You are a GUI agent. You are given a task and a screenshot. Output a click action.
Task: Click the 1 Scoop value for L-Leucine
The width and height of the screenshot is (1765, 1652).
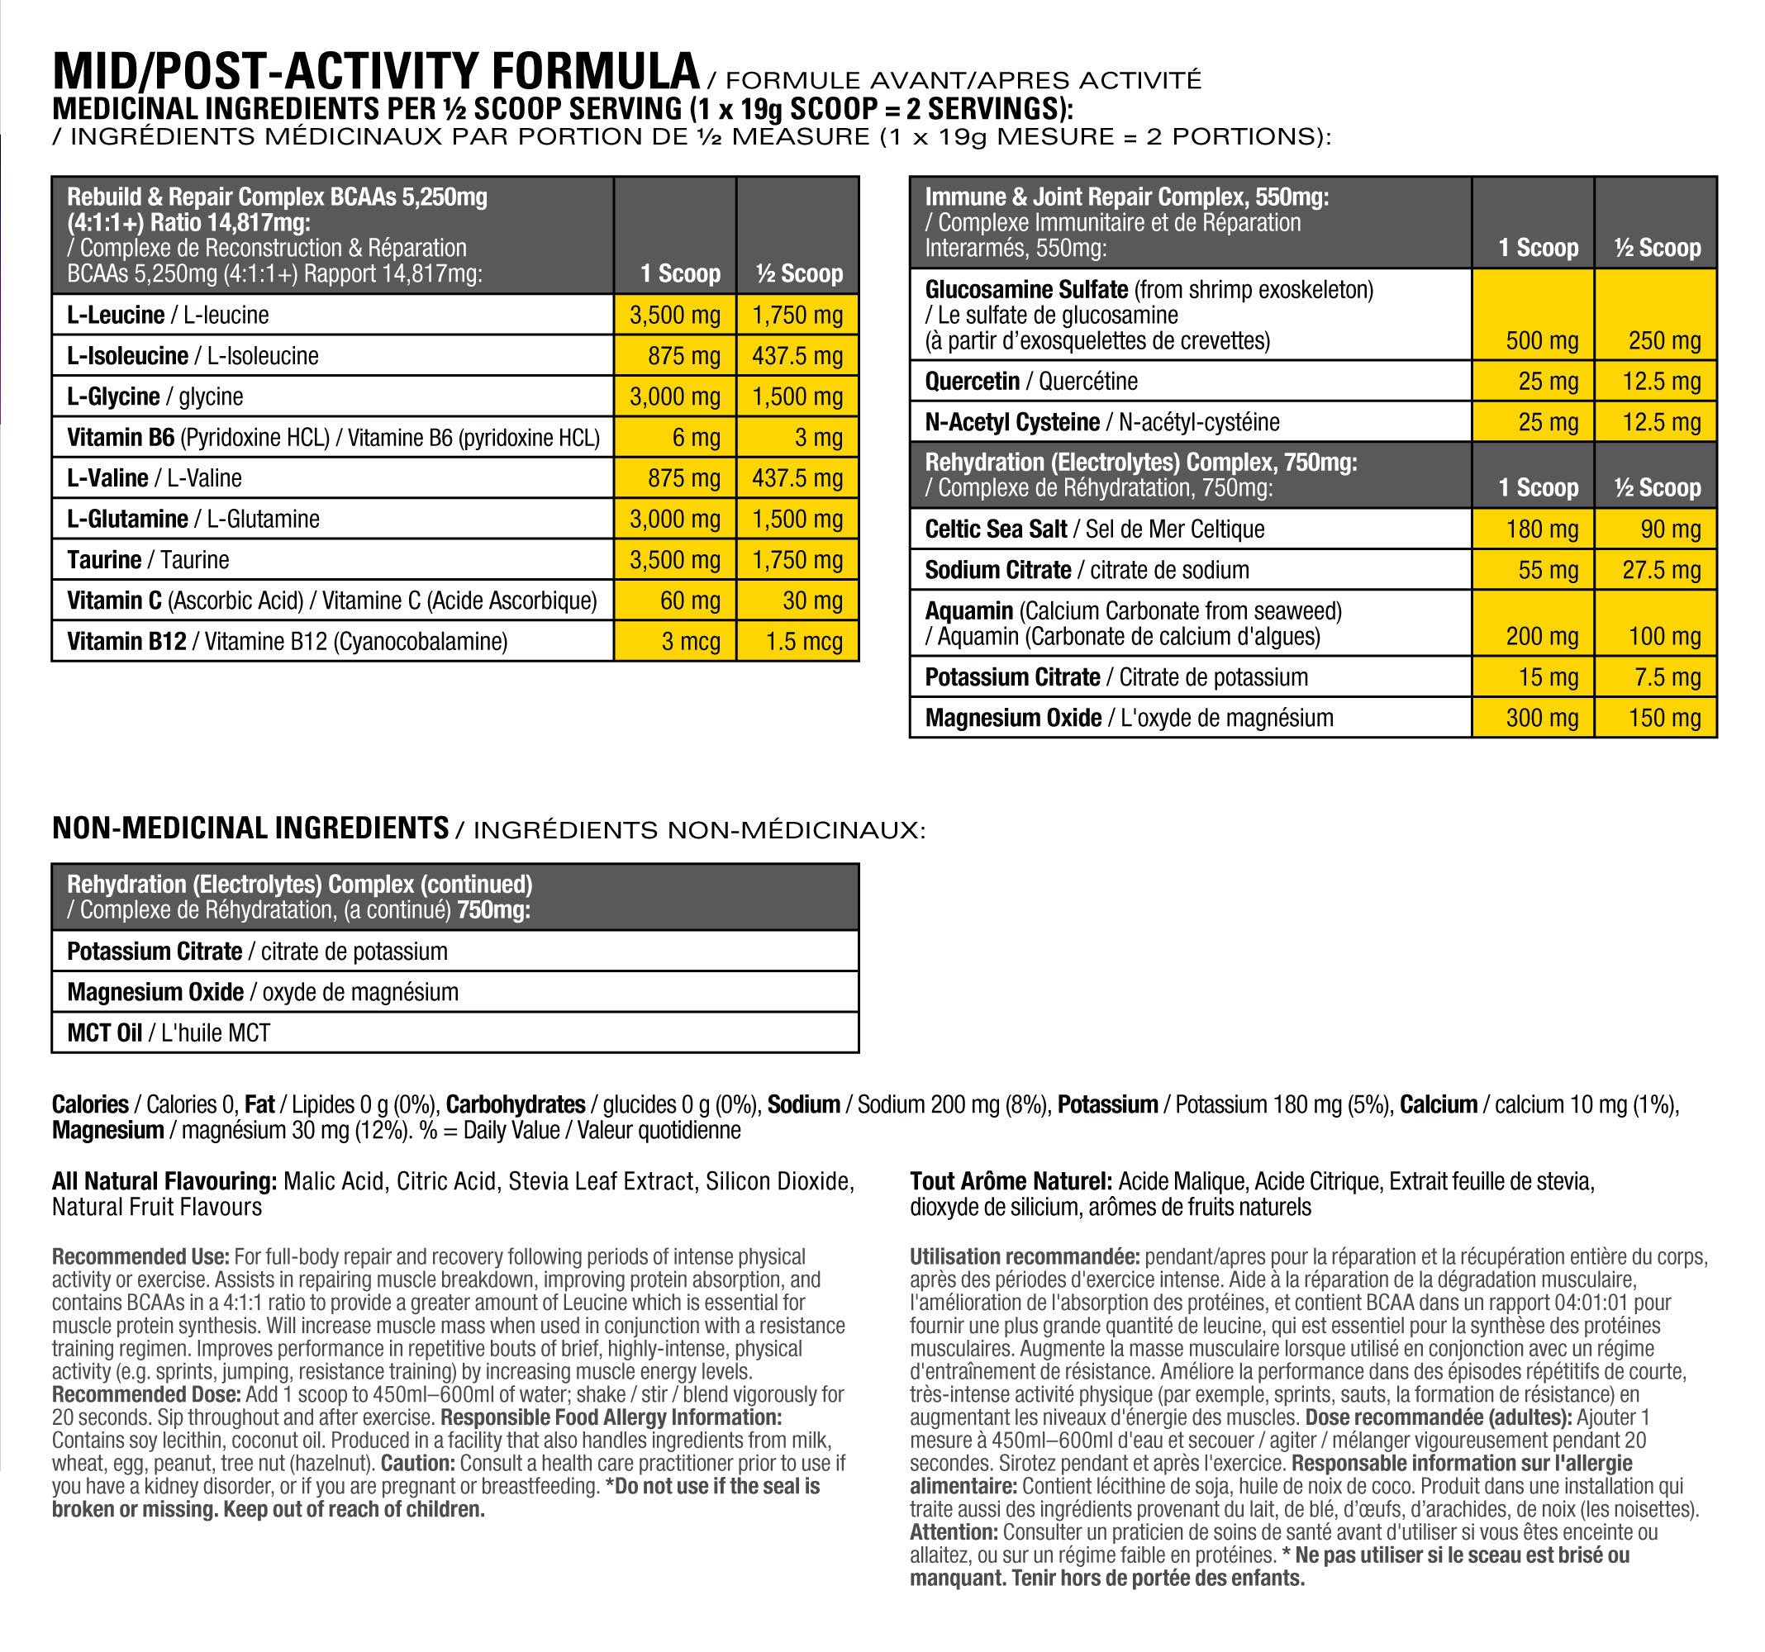pos(675,316)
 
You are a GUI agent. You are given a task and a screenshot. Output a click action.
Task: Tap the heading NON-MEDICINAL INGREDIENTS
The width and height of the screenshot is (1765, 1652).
pos(250,828)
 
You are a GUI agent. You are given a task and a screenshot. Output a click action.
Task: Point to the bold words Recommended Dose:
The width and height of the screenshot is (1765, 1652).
pos(146,1394)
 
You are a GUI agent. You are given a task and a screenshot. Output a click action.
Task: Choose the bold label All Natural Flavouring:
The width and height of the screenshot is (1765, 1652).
pos(164,1181)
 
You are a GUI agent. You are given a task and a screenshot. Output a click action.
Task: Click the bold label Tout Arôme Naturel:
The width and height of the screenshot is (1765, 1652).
pos(1011,1181)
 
